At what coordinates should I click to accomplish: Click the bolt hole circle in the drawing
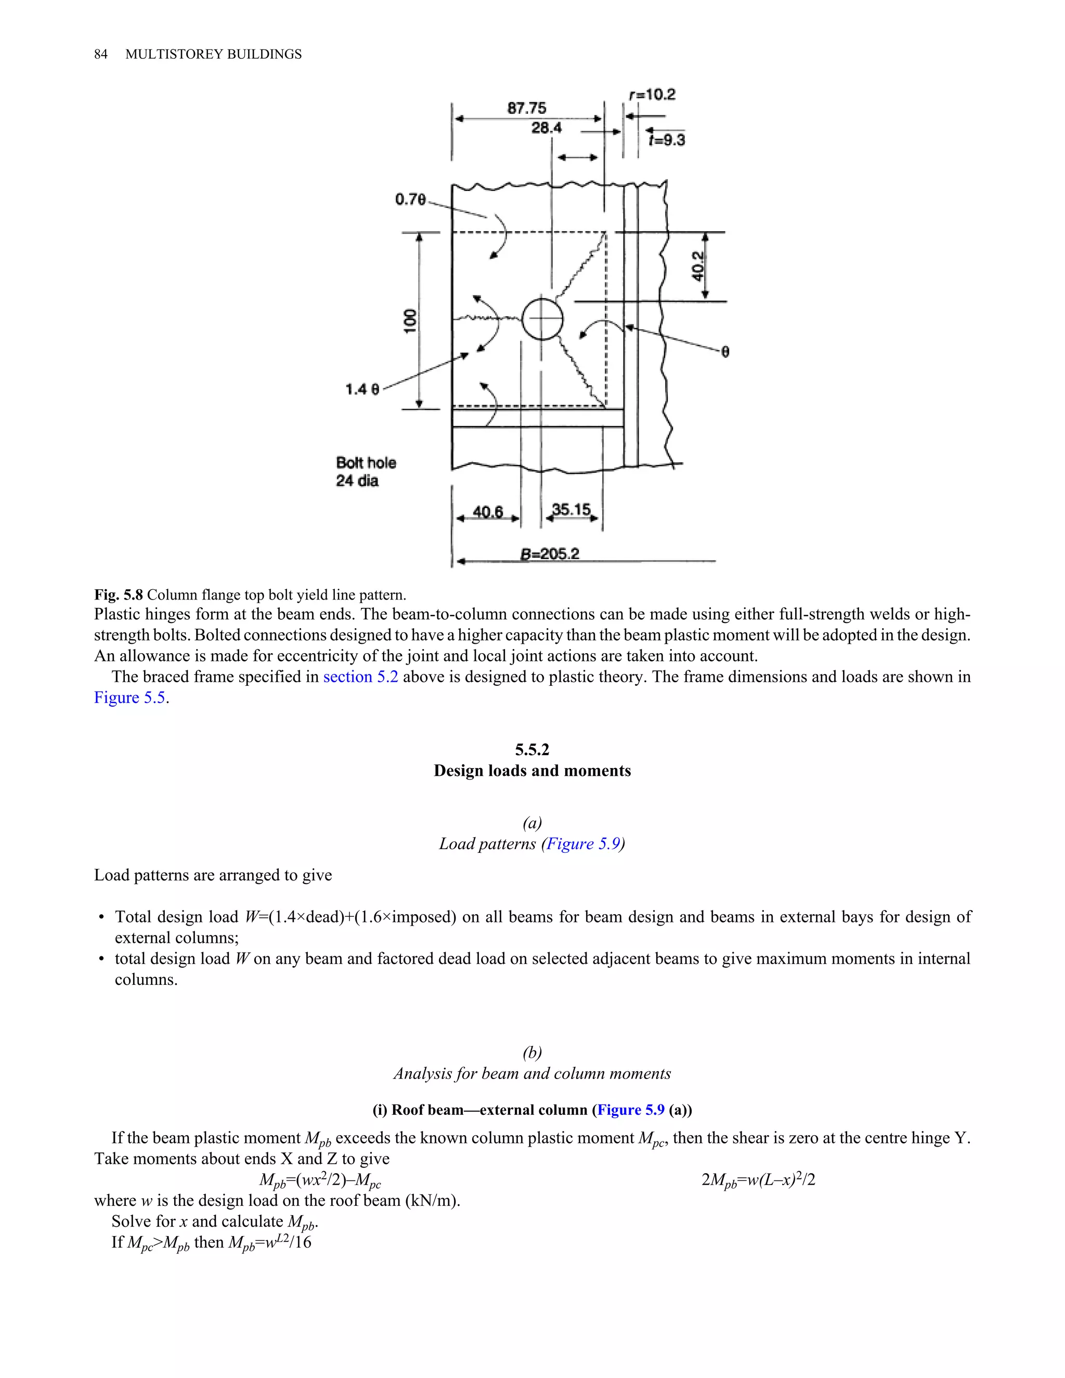click(x=542, y=319)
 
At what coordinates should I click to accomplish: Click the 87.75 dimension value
click(x=527, y=108)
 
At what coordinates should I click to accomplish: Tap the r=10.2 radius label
click(x=653, y=95)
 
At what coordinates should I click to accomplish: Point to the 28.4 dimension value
click(x=547, y=128)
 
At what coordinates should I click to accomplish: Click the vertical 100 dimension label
click(x=410, y=321)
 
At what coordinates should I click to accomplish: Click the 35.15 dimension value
click(x=571, y=509)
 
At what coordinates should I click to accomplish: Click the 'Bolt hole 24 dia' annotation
click(x=366, y=471)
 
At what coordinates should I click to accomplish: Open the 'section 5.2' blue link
click(x=360, y=677)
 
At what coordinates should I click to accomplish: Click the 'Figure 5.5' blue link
click(x=130, y=698)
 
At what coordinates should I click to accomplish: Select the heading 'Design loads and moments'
click(x=532, y=771)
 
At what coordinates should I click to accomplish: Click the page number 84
click(x=101, y=54)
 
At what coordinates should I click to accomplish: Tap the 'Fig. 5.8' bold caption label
click(x=119, y=595)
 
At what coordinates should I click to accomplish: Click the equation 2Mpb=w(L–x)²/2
click(x=758, y=1179)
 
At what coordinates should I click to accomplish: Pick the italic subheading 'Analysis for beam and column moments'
click(x=532, y=1073)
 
